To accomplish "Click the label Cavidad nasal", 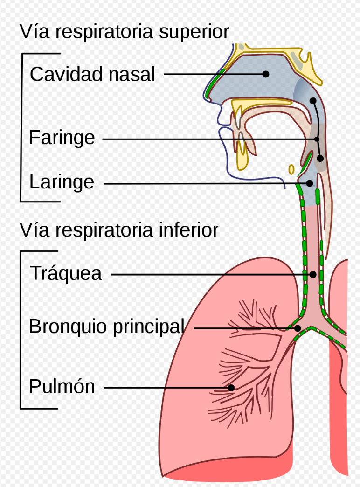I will point(92,74).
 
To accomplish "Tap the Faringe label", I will point(62,138).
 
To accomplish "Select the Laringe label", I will point(61,182).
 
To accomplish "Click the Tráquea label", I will point(66,273).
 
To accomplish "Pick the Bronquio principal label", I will point(106,327).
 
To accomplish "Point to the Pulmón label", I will point(62,387).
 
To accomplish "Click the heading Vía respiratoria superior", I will point(124,32).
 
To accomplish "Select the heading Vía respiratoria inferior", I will point(119,230).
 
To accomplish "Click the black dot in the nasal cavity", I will point(266,74).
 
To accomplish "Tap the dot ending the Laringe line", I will point(309,183).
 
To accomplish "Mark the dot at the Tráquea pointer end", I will point(313,275).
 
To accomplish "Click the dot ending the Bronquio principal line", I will point(298,328).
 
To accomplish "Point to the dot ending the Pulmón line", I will point(231,387).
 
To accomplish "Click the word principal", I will point(148,327).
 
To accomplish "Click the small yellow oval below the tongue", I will point(291,169).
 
